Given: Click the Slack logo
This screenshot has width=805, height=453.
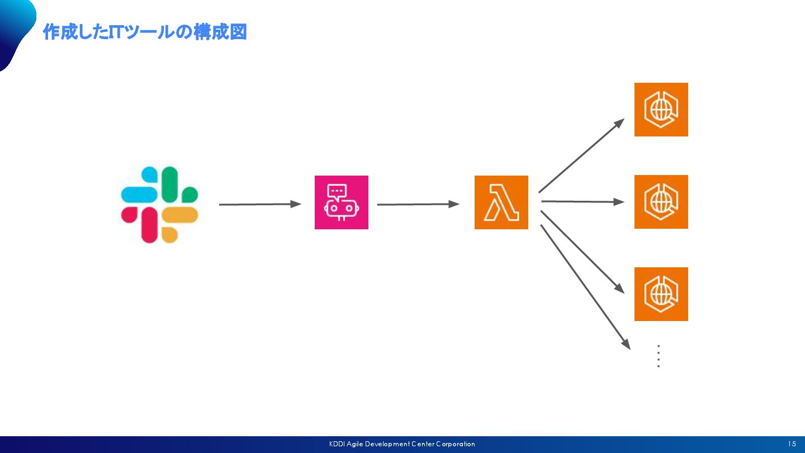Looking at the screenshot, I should click(160, 205).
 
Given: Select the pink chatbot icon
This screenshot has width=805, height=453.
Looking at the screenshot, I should click(342, 202).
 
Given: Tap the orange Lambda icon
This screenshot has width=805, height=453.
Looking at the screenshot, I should click(501, 202).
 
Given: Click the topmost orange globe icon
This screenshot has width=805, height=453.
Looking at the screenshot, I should click(661, 110).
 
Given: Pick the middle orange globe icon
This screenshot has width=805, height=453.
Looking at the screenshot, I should click(661, 202).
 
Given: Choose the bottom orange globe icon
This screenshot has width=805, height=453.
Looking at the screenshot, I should click(661, 294).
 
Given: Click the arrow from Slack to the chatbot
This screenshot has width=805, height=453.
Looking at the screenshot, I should click(260, 205).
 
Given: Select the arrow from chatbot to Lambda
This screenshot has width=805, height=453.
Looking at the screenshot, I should click(418, 205).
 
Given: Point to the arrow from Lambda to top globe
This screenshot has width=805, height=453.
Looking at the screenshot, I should click(581, 155).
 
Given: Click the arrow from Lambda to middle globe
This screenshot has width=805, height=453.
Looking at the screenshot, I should click(583, 201).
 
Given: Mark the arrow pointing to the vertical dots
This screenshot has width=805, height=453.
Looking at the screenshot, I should click(585, 287).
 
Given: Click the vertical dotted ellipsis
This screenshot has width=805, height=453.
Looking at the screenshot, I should click(659, 356).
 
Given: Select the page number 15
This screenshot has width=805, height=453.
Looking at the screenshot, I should click(792, 444).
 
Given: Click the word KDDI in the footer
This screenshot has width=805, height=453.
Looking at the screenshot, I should click(337, 444).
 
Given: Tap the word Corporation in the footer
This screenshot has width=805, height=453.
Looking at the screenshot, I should click(456, 444).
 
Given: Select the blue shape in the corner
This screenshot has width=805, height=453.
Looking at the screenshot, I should click(14, 28).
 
